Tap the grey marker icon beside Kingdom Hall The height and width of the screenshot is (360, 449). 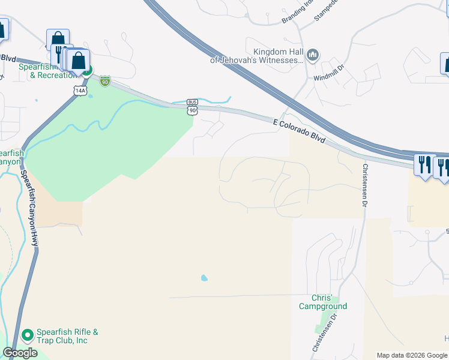[312, 56]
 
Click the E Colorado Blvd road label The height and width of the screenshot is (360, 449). [299, 130]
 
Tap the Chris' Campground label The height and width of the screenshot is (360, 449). [323, 302]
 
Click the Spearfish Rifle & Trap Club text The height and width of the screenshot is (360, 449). [62, 336]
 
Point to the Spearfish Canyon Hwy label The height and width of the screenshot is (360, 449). [31, 208]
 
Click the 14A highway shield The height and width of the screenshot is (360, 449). [80, 90]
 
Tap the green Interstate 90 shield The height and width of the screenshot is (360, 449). [105, 80]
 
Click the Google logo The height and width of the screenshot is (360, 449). [20, 353]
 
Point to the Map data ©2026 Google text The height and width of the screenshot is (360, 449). [411, 355]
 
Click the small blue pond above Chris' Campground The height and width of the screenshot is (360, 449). [205, 278]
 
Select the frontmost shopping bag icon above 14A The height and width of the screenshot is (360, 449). [78, 61]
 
